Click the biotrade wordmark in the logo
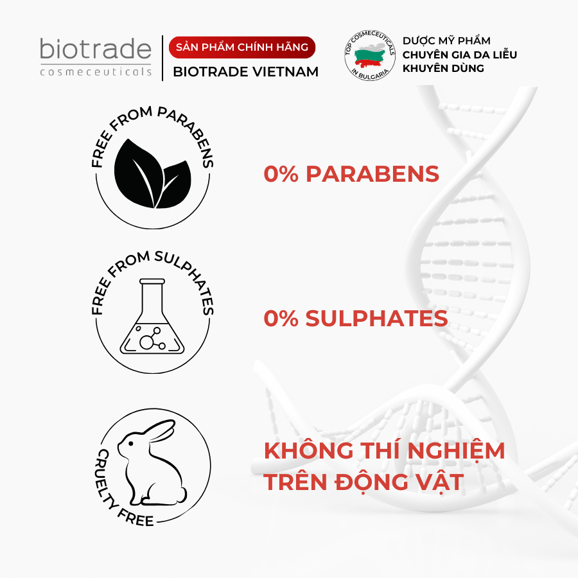[96, 49]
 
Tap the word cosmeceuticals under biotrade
[96, 71]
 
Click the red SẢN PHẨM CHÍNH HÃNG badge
[242, 47]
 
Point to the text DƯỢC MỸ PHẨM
[446, 40]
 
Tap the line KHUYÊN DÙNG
[443, 68]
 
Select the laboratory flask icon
[152, 316]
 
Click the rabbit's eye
[130, 443]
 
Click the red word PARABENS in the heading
[372, 173]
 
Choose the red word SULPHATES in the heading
[376, 318]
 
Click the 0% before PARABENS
[281, 173]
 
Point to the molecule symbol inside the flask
[151, 338]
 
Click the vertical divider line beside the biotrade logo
[162, 58]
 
